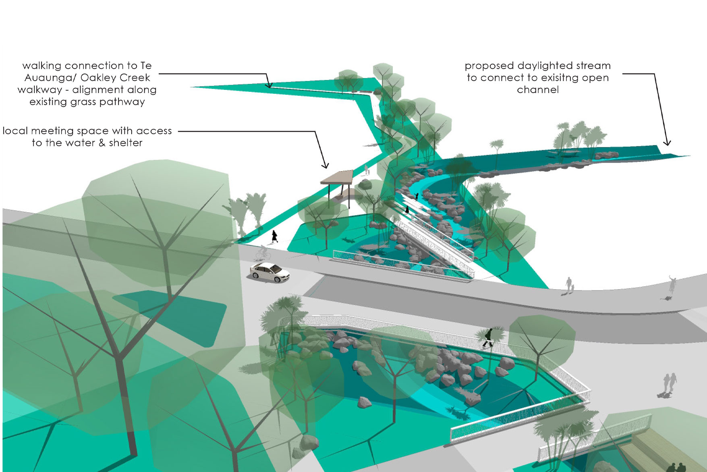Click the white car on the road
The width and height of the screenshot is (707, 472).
coord(270,272)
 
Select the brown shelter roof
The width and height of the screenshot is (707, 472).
coord(338,177)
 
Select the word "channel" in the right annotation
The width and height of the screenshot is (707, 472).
coord(538,90)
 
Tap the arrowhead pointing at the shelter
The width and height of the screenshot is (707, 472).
coord(326,166)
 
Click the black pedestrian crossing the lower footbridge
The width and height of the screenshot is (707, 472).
coord(488,338)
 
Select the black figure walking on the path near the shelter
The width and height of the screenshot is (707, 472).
coord(275,236)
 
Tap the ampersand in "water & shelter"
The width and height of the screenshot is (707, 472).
coord(102,143)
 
